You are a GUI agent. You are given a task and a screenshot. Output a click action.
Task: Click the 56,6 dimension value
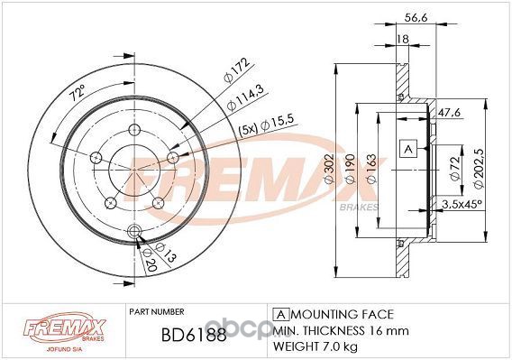[416, 18]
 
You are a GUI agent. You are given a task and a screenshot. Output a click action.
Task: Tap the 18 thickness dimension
[403, 39]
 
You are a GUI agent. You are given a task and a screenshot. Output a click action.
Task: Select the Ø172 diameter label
[237, 70]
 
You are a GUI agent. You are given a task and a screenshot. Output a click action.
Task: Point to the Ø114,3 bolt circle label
[245, 97]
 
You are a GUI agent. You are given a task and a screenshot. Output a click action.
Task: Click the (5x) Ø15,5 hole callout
[267, 125]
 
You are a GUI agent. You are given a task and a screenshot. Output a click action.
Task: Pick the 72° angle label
[78, 92]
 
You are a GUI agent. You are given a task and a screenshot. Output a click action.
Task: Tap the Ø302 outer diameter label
[329, 169]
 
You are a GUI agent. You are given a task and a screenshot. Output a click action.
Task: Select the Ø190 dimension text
[350, 169]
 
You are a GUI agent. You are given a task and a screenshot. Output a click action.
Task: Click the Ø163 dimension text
[371, 169]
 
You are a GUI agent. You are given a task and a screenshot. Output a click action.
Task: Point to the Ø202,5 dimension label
[479, 169]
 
